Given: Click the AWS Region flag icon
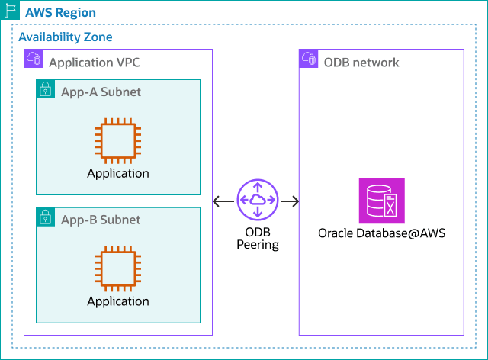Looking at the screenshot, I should (x=10, y=11).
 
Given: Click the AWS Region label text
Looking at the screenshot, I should (x=61, y=13).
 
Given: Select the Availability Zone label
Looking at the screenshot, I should (x=66, y=37).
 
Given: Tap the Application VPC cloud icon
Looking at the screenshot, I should (x=34, y=59).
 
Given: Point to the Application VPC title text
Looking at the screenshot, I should (x=94, y=62).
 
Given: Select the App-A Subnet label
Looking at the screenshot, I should (x=101, y=92).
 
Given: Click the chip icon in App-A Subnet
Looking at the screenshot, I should (x=118, y=140).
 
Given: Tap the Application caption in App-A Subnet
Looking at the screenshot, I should (x=118, y=173).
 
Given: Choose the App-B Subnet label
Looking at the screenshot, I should (x=101, y=220).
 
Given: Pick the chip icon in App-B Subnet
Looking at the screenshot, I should (x=118, y=268).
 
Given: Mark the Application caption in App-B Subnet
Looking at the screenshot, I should (x=118, y=301).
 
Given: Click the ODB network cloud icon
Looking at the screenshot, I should (x=309, y=59).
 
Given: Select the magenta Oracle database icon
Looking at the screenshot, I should (x=381, y=201).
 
